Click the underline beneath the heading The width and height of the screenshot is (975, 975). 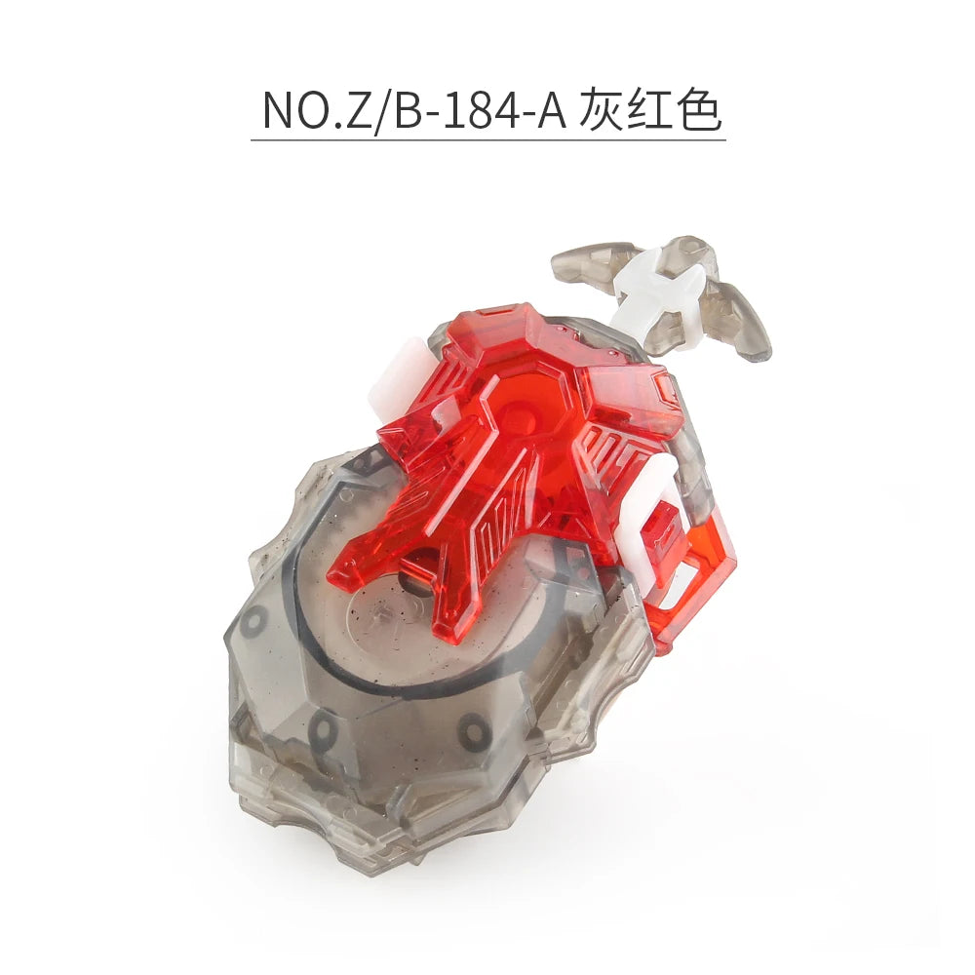tap(488, 140)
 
